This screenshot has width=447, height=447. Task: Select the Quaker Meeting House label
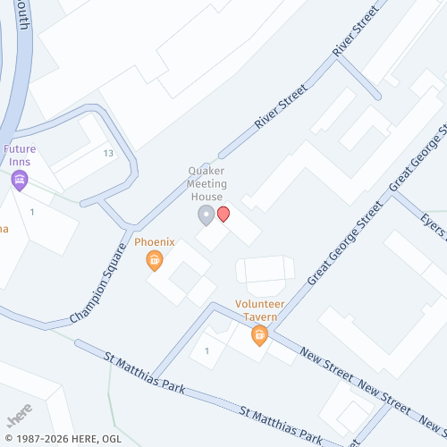click(x=206, y=183)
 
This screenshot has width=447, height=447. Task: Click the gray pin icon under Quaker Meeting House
click(x=206, y=215)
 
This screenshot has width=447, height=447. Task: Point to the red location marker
click(x=223, y=214)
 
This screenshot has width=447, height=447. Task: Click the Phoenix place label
click(x=155, y=242)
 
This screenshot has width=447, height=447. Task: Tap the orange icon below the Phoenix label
click(x=155, y=260)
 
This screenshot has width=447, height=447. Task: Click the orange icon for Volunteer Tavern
click(x=260, y=335)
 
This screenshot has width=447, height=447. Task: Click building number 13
click(x=108, y=154)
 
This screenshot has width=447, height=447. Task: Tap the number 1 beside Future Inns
click(x=32, y=212)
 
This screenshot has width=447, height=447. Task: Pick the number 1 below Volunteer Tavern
click(x=207, y=350)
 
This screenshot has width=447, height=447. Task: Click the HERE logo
click(x=20, y=417)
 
